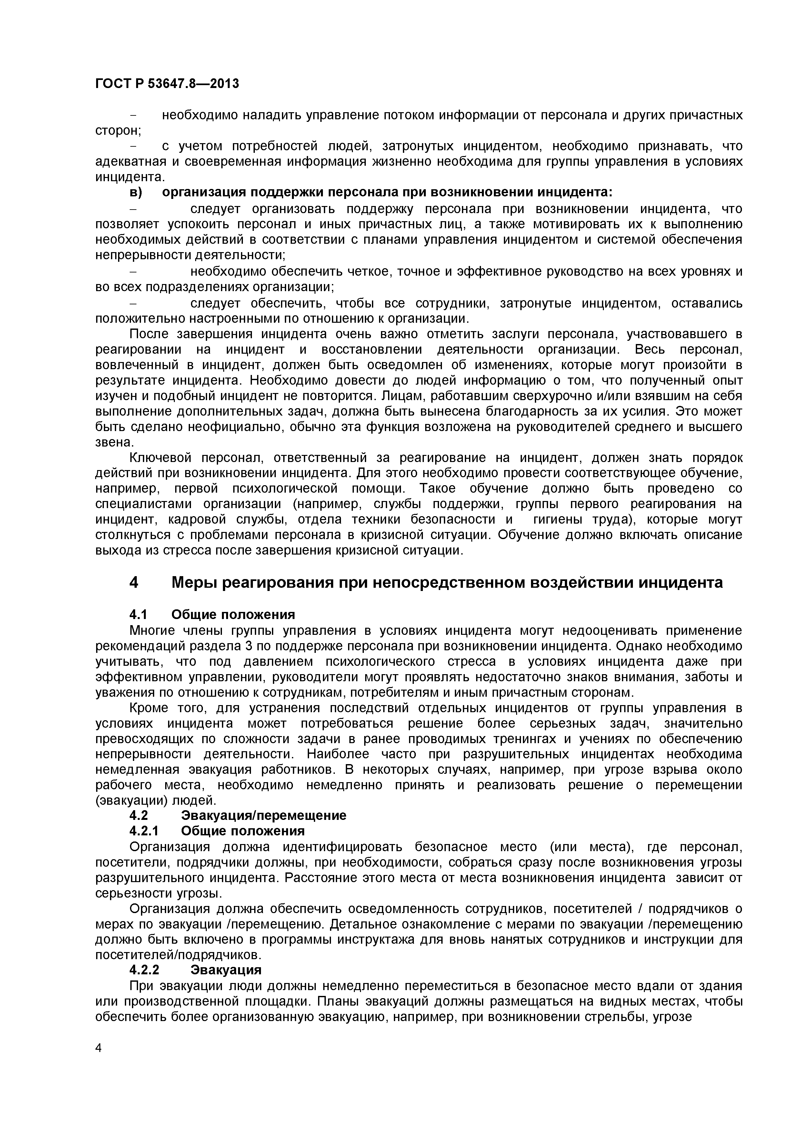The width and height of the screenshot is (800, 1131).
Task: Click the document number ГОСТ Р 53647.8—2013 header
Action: tap(166, 84)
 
